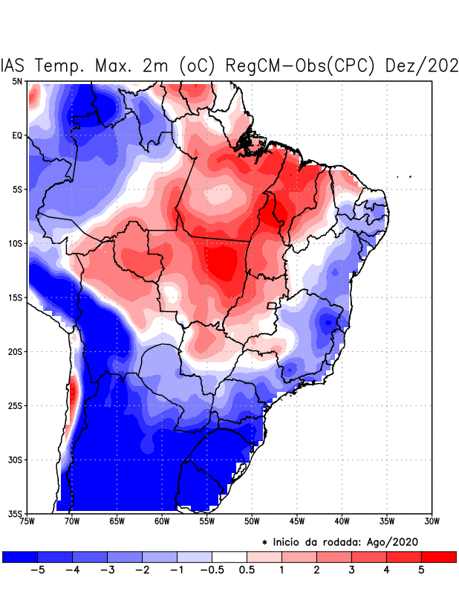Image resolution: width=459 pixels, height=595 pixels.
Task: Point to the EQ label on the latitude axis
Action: tap(16, 135)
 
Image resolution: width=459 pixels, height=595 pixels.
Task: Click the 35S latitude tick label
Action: tap(15, 513)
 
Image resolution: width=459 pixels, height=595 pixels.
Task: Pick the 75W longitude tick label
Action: tap(27, 521)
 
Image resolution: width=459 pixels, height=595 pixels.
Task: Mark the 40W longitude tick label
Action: tap(342, 521)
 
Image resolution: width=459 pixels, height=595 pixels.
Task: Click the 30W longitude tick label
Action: tap(432, 521)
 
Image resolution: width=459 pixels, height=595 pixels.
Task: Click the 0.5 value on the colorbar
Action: tap(247, 570)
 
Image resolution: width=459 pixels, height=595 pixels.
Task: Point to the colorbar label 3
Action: tap(351, 570)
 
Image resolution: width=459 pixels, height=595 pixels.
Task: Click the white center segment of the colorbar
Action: tap(229, 556)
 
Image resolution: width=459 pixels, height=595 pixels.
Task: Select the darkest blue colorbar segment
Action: tap(20, 556)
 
